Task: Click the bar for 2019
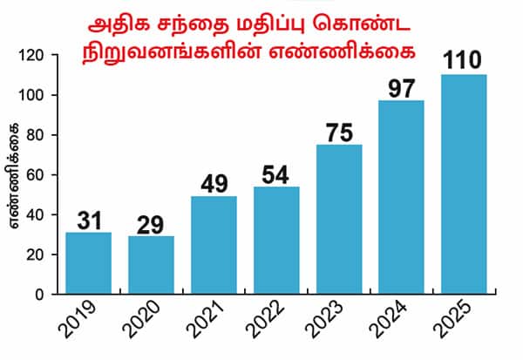[x=88, y=263]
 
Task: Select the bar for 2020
[x=151, y=265]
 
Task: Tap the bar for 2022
[x=276, y=241]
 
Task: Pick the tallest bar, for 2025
[x=465, y=185]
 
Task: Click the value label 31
[x=88, y=221]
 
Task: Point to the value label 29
[x=151, y=224]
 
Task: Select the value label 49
[x=214, y=184]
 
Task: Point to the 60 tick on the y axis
[x=36, y=175]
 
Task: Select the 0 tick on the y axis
[x=40, y=295]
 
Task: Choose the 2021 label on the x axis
[x=207, y=327]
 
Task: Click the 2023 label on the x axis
[x=332, y=327]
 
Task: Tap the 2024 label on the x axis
[x=395, y=327]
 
